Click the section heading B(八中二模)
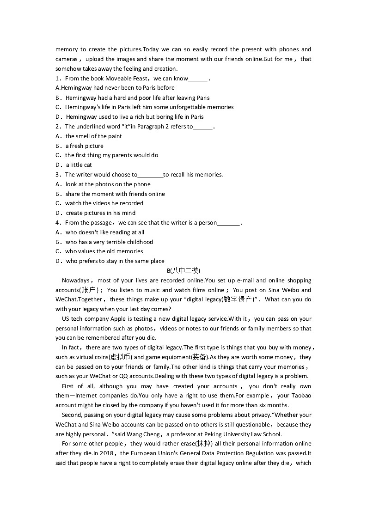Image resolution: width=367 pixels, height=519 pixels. click(183, 271)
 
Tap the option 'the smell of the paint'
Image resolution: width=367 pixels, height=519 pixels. click(93, 136)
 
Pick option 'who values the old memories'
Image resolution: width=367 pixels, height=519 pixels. click(104, 251)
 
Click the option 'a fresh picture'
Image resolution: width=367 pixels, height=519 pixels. click(84, 146)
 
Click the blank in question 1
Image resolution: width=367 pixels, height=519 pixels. click(198, 79)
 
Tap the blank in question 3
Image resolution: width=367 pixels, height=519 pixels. click(150, 175)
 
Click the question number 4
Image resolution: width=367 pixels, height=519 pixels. click(58, 223)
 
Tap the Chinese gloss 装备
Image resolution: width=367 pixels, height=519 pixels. click(199, 357)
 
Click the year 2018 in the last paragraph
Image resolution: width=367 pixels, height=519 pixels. click(109, 453)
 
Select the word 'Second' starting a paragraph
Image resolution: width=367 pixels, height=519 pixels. click(71, 415)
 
